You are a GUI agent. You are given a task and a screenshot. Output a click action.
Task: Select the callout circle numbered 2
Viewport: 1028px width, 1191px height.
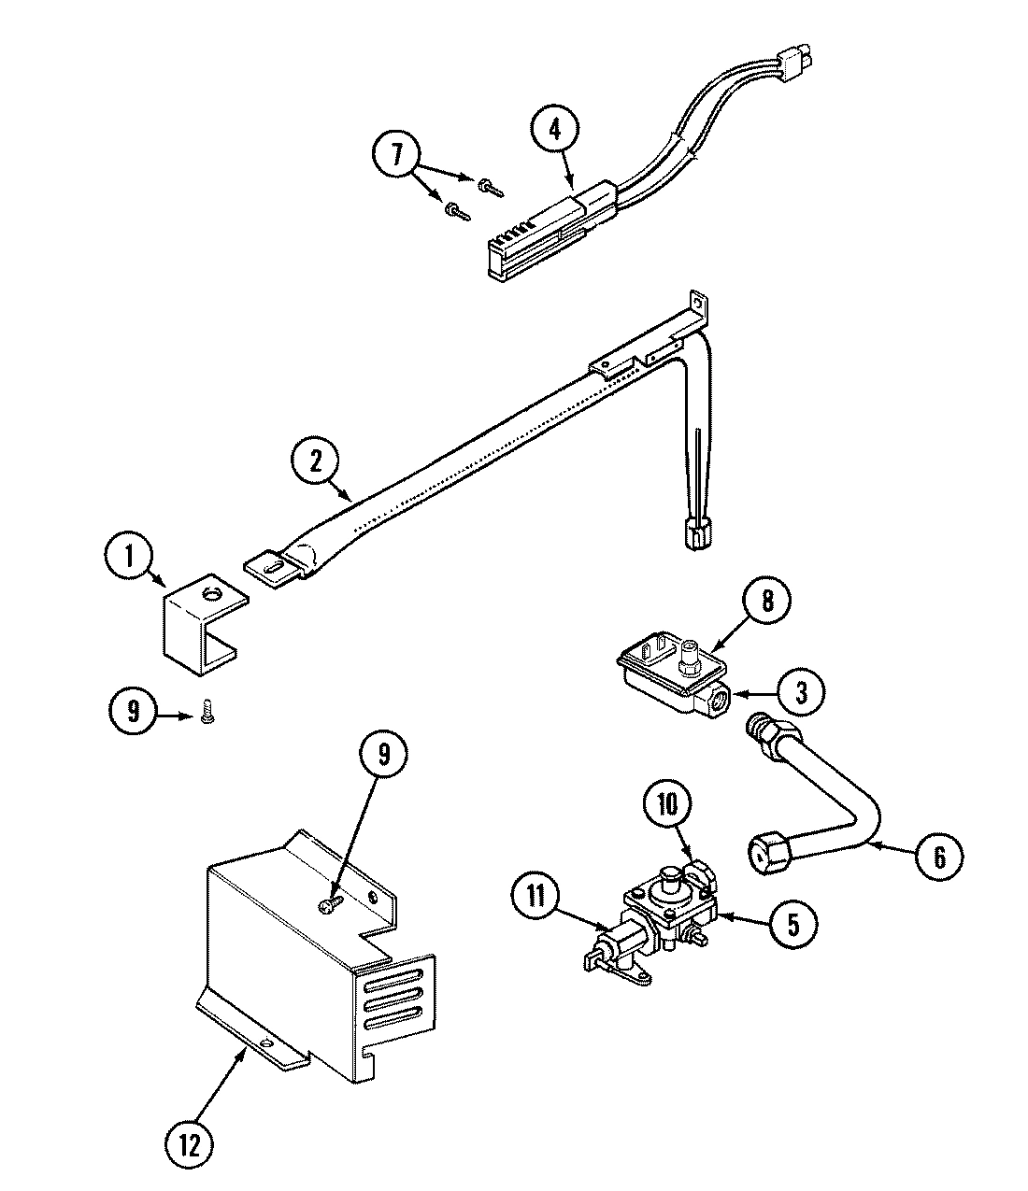[316, 461]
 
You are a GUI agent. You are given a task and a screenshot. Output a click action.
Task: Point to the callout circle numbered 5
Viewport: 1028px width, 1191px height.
[792, 924]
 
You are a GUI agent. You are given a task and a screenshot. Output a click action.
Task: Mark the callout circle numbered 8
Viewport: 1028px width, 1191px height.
[766, 601]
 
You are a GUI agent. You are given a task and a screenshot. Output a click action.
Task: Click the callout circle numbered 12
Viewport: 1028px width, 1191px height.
[190, 1145]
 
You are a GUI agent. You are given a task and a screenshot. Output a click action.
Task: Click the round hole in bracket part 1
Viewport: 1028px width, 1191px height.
[210, 591]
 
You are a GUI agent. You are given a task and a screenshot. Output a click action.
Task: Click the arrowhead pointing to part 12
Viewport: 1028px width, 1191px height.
[245, 1054]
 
